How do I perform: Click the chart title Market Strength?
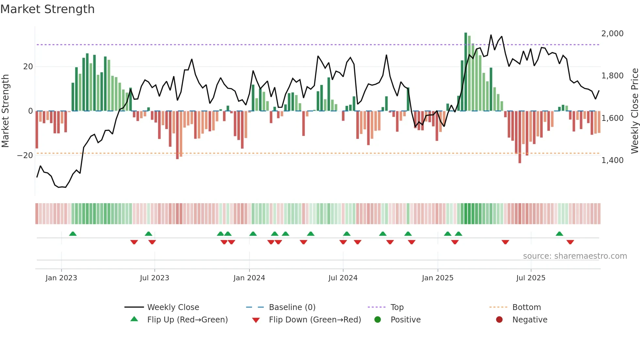click(47, 9)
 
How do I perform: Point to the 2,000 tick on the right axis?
click(612, 33)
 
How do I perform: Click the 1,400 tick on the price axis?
click(612, 160)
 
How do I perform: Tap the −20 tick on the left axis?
click(25, 155)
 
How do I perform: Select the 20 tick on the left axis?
click(28, 67)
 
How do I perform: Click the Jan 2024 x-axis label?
click(249, 278)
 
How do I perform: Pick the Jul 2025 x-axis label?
click(531, 278)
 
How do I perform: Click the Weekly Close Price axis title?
click(634, 111)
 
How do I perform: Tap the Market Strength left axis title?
click(6, 111)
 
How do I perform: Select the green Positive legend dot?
click(378, 319)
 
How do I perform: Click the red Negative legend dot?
click(499, 319)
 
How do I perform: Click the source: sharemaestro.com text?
click(575, 256)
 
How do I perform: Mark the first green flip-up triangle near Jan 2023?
click(73, 234)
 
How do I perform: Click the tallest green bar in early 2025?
click(466, 72)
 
